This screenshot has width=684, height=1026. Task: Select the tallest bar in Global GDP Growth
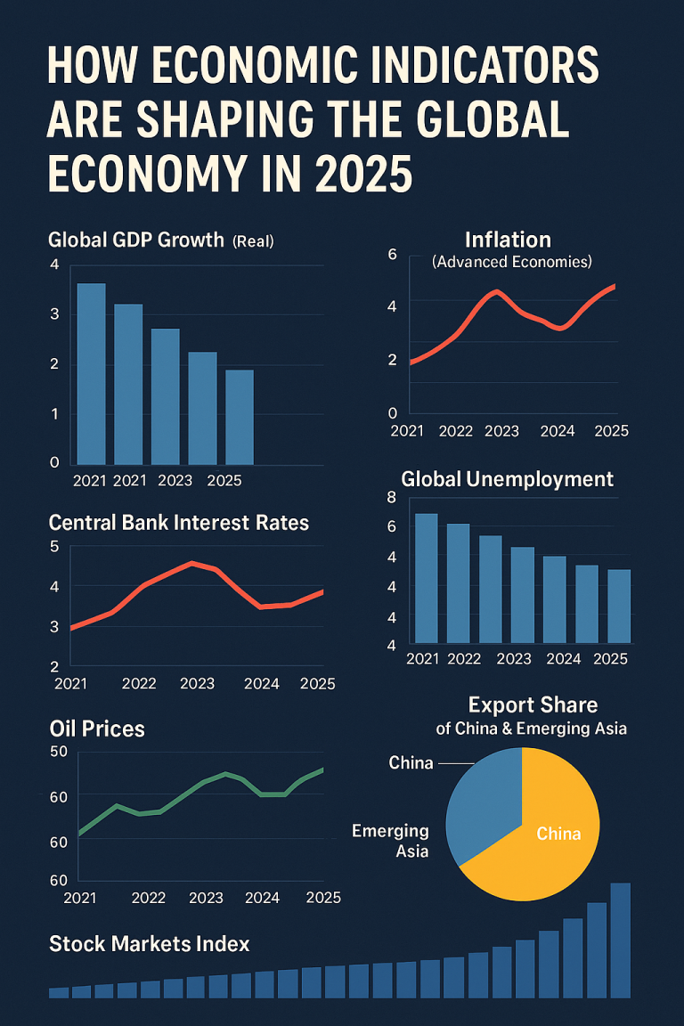pyautogui.click(x=91, y=373)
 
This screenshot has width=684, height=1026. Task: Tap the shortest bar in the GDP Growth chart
pyautogui.click(x=239, y=416)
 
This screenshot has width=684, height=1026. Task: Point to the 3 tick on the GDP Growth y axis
pyautogui.click(x=54, y=314)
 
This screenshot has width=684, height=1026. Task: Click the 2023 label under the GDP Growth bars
pyautogui.click(x=175, y=480)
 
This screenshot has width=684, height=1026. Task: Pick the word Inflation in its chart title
pyautogui.click(x=508, y=240)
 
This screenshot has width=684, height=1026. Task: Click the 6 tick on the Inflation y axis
pyautogui.click(x=392, y=255)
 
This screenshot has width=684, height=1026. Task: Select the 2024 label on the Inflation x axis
pyautogui.click(x=558, y=431)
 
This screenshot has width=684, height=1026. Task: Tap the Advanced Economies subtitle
pyautogui.click(x=511, y=262)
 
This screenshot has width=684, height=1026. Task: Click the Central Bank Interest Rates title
pyautogui.click(x=178, y=523)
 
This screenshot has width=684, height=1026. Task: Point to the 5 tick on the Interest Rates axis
pyautogui.click(x=54, y=547)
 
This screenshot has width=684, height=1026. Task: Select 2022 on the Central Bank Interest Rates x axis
pyautogui.click(x=139, y=684)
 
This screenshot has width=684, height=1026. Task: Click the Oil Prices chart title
pyautogui.click(x=97, y=729)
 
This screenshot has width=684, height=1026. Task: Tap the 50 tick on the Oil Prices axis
pyautogui.click(x=59, y=752)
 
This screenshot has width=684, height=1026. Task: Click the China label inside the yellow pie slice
pyautogui.click(x=558, y=834)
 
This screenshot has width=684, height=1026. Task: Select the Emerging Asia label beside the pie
pyautogui.click(x=390, y=841)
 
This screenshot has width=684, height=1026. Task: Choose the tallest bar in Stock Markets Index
pyautogui.click(x=620, y=940)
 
